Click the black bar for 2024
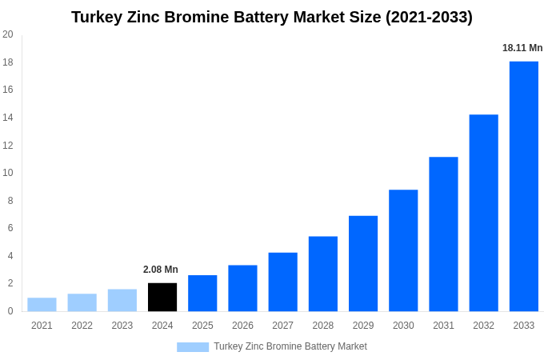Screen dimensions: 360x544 [162, 297]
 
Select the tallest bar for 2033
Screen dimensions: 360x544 [524, 186]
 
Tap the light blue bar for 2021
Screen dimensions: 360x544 [42, 305]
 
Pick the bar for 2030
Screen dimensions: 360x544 [403, 250]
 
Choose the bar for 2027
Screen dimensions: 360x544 [282, 282]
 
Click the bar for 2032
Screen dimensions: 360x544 [483, 213]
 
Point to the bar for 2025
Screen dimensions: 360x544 [202, 293]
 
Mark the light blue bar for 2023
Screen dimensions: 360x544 [122, 300]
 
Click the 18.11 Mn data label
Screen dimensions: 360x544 [522, 48]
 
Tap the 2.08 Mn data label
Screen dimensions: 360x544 [161, 270]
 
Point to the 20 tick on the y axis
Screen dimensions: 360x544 [8, 34]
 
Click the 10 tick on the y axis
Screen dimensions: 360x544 [8, 173]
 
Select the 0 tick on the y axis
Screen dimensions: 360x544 [10, 311]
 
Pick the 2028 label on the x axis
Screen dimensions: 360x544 [323, 326]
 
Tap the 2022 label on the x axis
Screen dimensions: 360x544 [82, 326]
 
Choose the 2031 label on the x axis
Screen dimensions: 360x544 [443, 326]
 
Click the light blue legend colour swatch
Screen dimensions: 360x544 [192, 347]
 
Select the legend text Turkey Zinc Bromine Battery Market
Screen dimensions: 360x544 [290, 346]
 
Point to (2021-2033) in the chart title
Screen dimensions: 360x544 [429, 17]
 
